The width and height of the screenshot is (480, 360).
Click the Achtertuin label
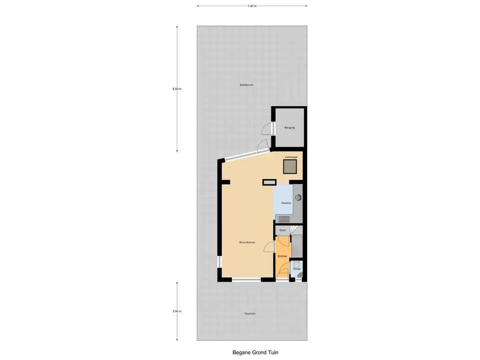pyautogui.click(x=247, y=85)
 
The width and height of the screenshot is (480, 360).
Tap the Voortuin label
pyautogui.click(x=250, y=314)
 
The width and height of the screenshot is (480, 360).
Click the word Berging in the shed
pyautogui.click(x=290, y=127)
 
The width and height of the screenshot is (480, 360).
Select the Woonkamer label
pyautogui.click(x=247, y=242)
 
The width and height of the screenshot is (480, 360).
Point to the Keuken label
pyautogui.click(x=286, y=203)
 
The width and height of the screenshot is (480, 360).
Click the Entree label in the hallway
pyautogui.click(x=282, y=256)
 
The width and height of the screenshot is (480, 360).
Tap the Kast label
pyautogui.click(x=283, y=230)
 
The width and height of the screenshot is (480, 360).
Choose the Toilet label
pyautogui.click(x=297, y=269)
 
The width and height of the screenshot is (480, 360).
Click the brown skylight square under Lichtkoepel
pyautogui.click(x=290, y=166)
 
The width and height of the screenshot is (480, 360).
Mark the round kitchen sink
pyautogui.click(x=298, y=198)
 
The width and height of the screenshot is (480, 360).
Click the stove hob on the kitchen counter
pyautogui.click(x=284, y=219)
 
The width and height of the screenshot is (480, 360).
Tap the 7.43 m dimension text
pyautogui.click(x=252, y=6)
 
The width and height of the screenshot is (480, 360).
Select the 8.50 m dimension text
pyautogui.click(x=177, y=89)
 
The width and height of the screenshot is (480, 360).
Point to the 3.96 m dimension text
pyautogui.click(x=177, y=311)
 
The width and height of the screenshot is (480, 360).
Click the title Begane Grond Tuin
pyautogui.click(x=255, y=352)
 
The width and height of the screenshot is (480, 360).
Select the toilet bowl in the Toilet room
pyautogui.click(x=297, y=264)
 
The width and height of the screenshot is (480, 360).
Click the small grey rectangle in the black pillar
pyautogui.click(x=270, y=182)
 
